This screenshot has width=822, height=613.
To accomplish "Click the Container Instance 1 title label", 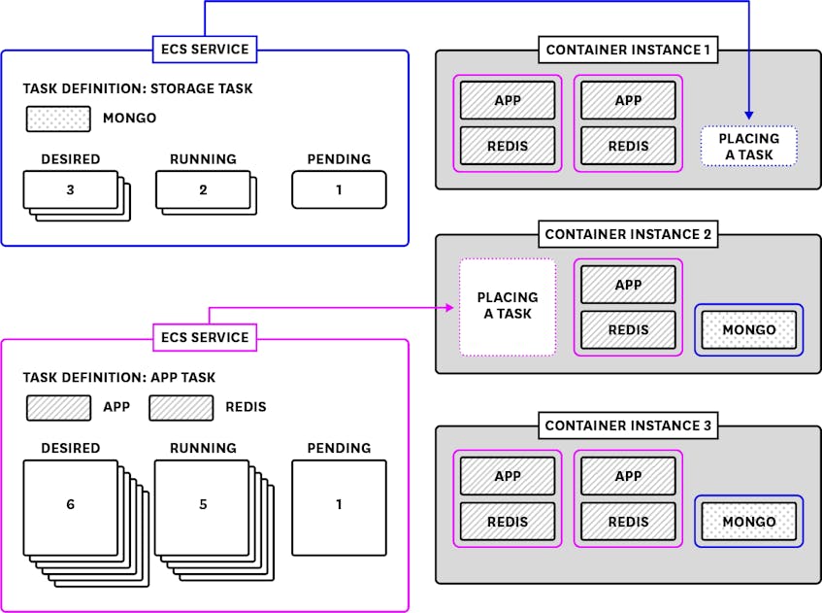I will (x=628, y=50).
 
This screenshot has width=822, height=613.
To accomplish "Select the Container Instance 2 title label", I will (x=628, y=234).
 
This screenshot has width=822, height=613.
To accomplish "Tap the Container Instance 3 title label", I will (x=628, y=426).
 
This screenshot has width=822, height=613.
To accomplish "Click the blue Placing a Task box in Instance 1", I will (x=748, y=146).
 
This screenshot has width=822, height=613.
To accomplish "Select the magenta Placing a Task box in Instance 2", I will (x=507, y=305).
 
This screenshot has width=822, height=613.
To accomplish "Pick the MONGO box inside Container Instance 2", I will (x=749, y=330).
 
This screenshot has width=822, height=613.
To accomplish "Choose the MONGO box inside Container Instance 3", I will (x=749, y=522).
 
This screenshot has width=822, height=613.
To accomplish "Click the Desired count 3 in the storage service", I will (x=70, y=189).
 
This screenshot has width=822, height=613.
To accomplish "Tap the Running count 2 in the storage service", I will (x=203, y=189).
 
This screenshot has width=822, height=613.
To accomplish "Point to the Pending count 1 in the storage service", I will (x=339, y=189).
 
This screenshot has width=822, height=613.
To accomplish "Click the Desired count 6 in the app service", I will (x=70, y=505).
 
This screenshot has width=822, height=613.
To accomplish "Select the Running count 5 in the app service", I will (x=203, y=505).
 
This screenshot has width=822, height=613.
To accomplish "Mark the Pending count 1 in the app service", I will (x=339, y=505).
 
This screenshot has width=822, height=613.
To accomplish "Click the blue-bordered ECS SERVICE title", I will (x=204, y=49).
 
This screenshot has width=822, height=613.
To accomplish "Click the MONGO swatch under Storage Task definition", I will (x=58, y=119).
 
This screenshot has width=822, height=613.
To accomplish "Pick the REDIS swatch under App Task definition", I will (x=181, y=407).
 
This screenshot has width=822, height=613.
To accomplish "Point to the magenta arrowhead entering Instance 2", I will (x=451, y=307).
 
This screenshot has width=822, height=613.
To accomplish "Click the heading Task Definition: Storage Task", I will (x=138, y=88).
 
